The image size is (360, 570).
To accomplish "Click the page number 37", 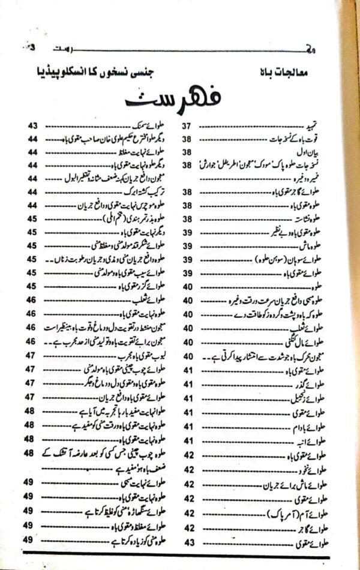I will pyautogui.click(x=187, y=127).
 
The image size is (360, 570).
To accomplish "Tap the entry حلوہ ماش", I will pyautogui.click(x=314, y=246).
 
